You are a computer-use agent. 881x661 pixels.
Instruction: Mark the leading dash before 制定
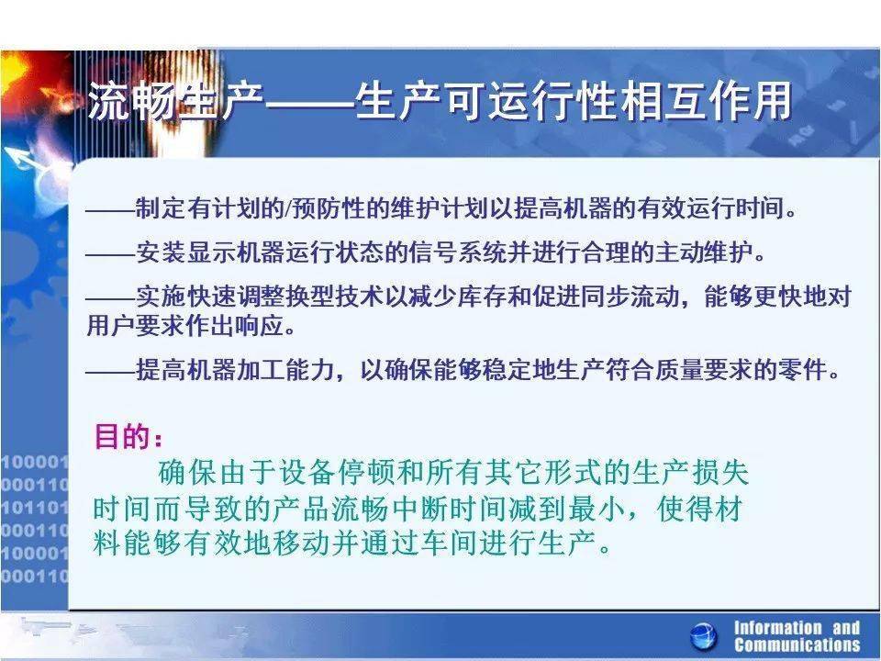[109, 209]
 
